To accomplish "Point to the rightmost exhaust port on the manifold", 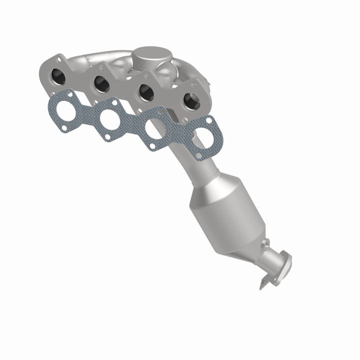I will tap(190, 100).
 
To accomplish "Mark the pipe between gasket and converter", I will tap(192, 165).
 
